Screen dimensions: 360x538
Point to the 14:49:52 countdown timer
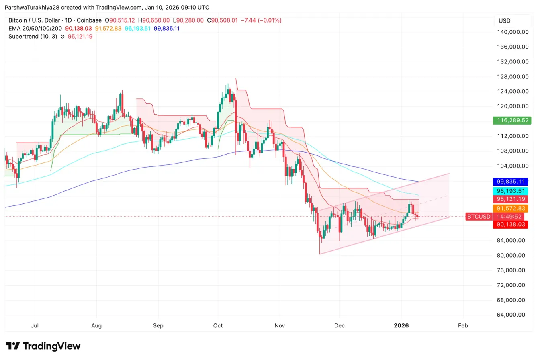(x=510, y=217)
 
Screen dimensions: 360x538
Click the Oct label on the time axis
(x=218, y=325)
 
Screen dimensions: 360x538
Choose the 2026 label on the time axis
(x=401, y=325)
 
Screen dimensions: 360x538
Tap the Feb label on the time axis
(x=463, y=325)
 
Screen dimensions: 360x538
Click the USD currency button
(x=504, y=20)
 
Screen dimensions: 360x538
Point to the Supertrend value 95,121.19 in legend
(x=79, y=36)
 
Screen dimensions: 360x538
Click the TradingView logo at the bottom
(x=43, y=346)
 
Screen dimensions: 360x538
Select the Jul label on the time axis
(x=35, y=325)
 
